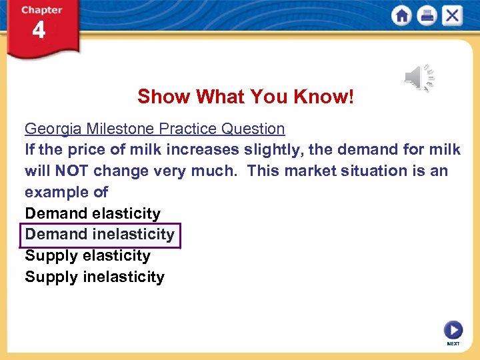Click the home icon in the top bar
(402, 15)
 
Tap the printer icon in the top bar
(427, 15)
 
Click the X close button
(452, 15)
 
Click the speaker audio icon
(419, 78)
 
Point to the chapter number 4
(39, 30)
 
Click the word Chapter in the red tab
(41, 10)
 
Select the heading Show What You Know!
(246, 97)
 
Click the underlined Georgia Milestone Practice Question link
(155, 129)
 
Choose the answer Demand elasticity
(93, 213)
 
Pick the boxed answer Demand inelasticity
(100, 235)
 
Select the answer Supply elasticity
(88, 255)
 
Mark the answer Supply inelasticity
(95, 277)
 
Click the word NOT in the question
(70, 171)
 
